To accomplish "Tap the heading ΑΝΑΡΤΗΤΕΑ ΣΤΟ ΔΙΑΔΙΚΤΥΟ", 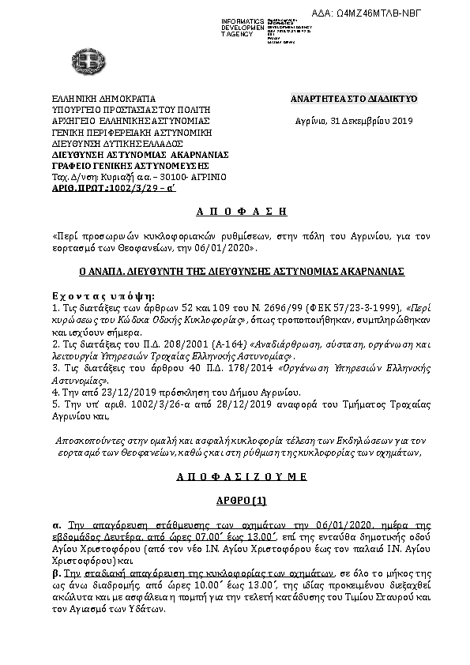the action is click(x=353, y=98).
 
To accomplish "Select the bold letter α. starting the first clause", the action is click(x=56, y=524).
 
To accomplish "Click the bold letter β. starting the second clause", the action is click(x=56, y=572).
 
